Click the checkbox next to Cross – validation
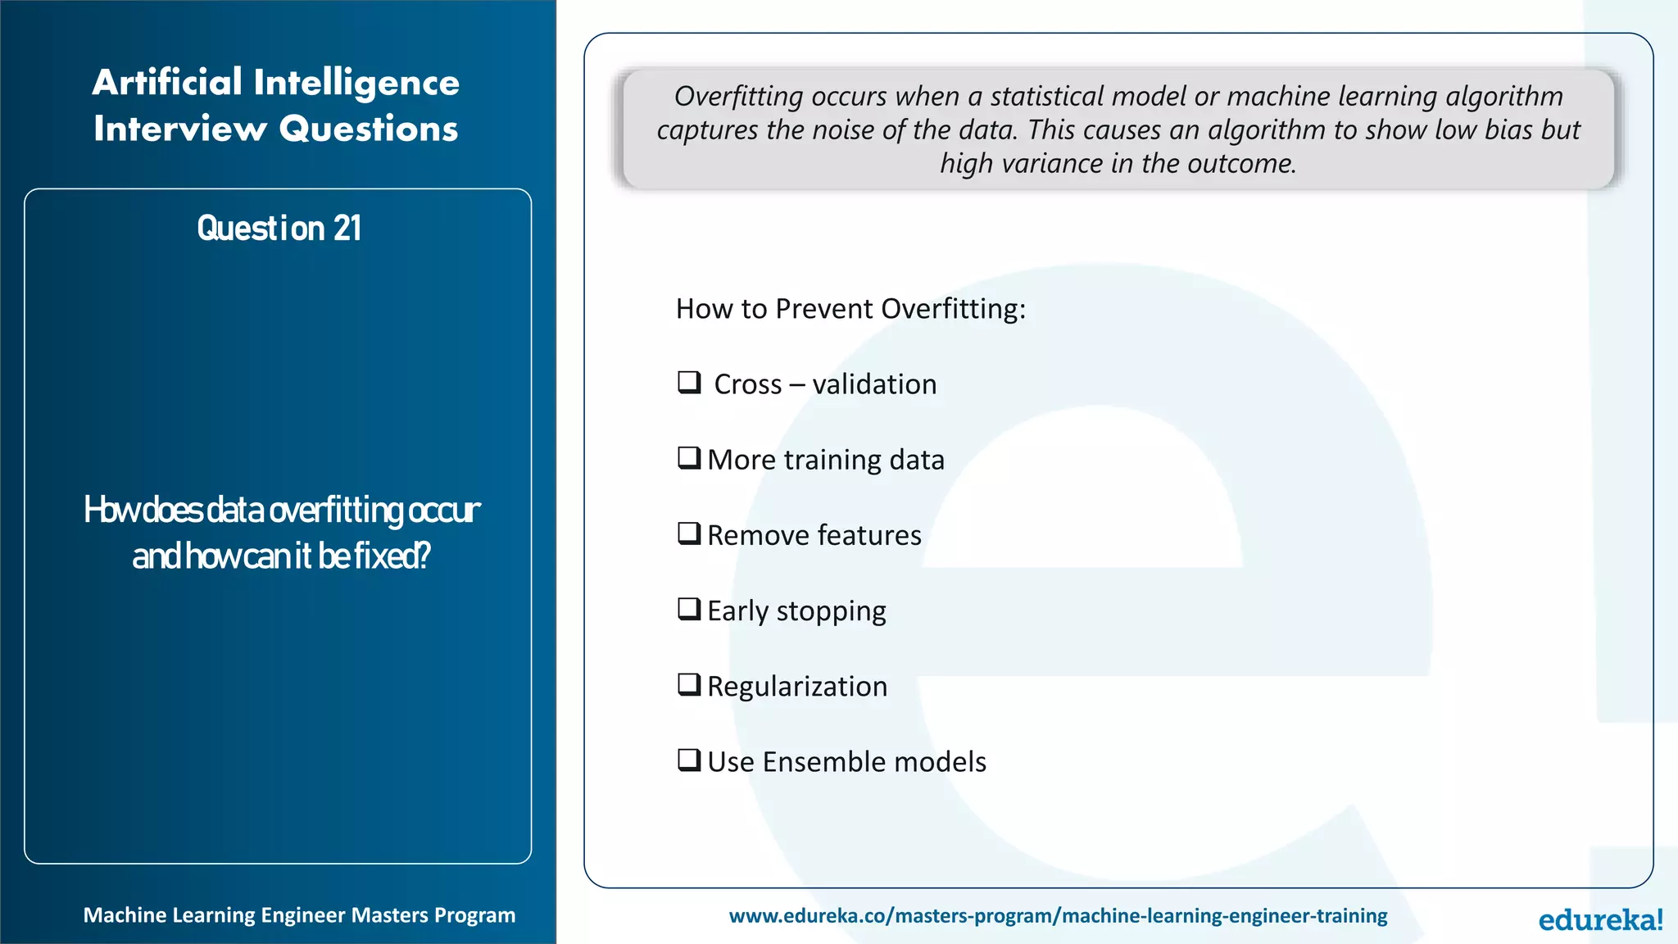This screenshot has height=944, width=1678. pyautogui.click(x=689, y=382)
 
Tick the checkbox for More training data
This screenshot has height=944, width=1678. pyautogui.click(x=689, y=457)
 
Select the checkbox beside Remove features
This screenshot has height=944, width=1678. pyautogui.click(x=689, y=533)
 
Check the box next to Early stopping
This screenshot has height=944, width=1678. pyautogui.click(x=689, y=609)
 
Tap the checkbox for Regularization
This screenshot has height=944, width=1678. pyautogui.click(x=689, y=684)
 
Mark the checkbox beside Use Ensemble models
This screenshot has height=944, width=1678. pyautogui.click(x=689, y=760)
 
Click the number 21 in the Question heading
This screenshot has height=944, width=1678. pyautogui.click(x=347, y=229)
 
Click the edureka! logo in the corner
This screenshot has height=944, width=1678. pyautogui.click(x=1600, y=919)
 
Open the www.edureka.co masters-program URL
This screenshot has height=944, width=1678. pyautogui.click(x=1058, y=915)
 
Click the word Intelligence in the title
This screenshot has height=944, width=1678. pyautogui.click(x=356, y=83)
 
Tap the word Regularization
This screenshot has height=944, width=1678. pyautogui.click(x=796, y=687)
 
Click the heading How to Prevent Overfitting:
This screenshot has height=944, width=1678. pyautogui.click(x=850, y=309)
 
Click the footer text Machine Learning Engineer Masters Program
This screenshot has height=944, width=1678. pyautogui.click(x=299, y=915)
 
